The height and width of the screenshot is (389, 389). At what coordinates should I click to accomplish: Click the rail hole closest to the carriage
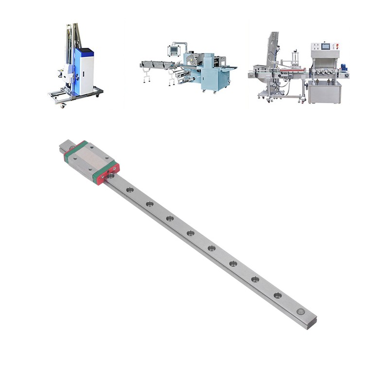point(128,189)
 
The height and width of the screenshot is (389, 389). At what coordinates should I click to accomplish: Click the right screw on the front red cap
point(115,168)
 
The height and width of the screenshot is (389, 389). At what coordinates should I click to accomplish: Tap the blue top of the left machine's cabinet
point(85,50)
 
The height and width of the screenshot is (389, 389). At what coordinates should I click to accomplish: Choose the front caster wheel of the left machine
point(62,105)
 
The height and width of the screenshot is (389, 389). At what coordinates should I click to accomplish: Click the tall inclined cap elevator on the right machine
point(273,49)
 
